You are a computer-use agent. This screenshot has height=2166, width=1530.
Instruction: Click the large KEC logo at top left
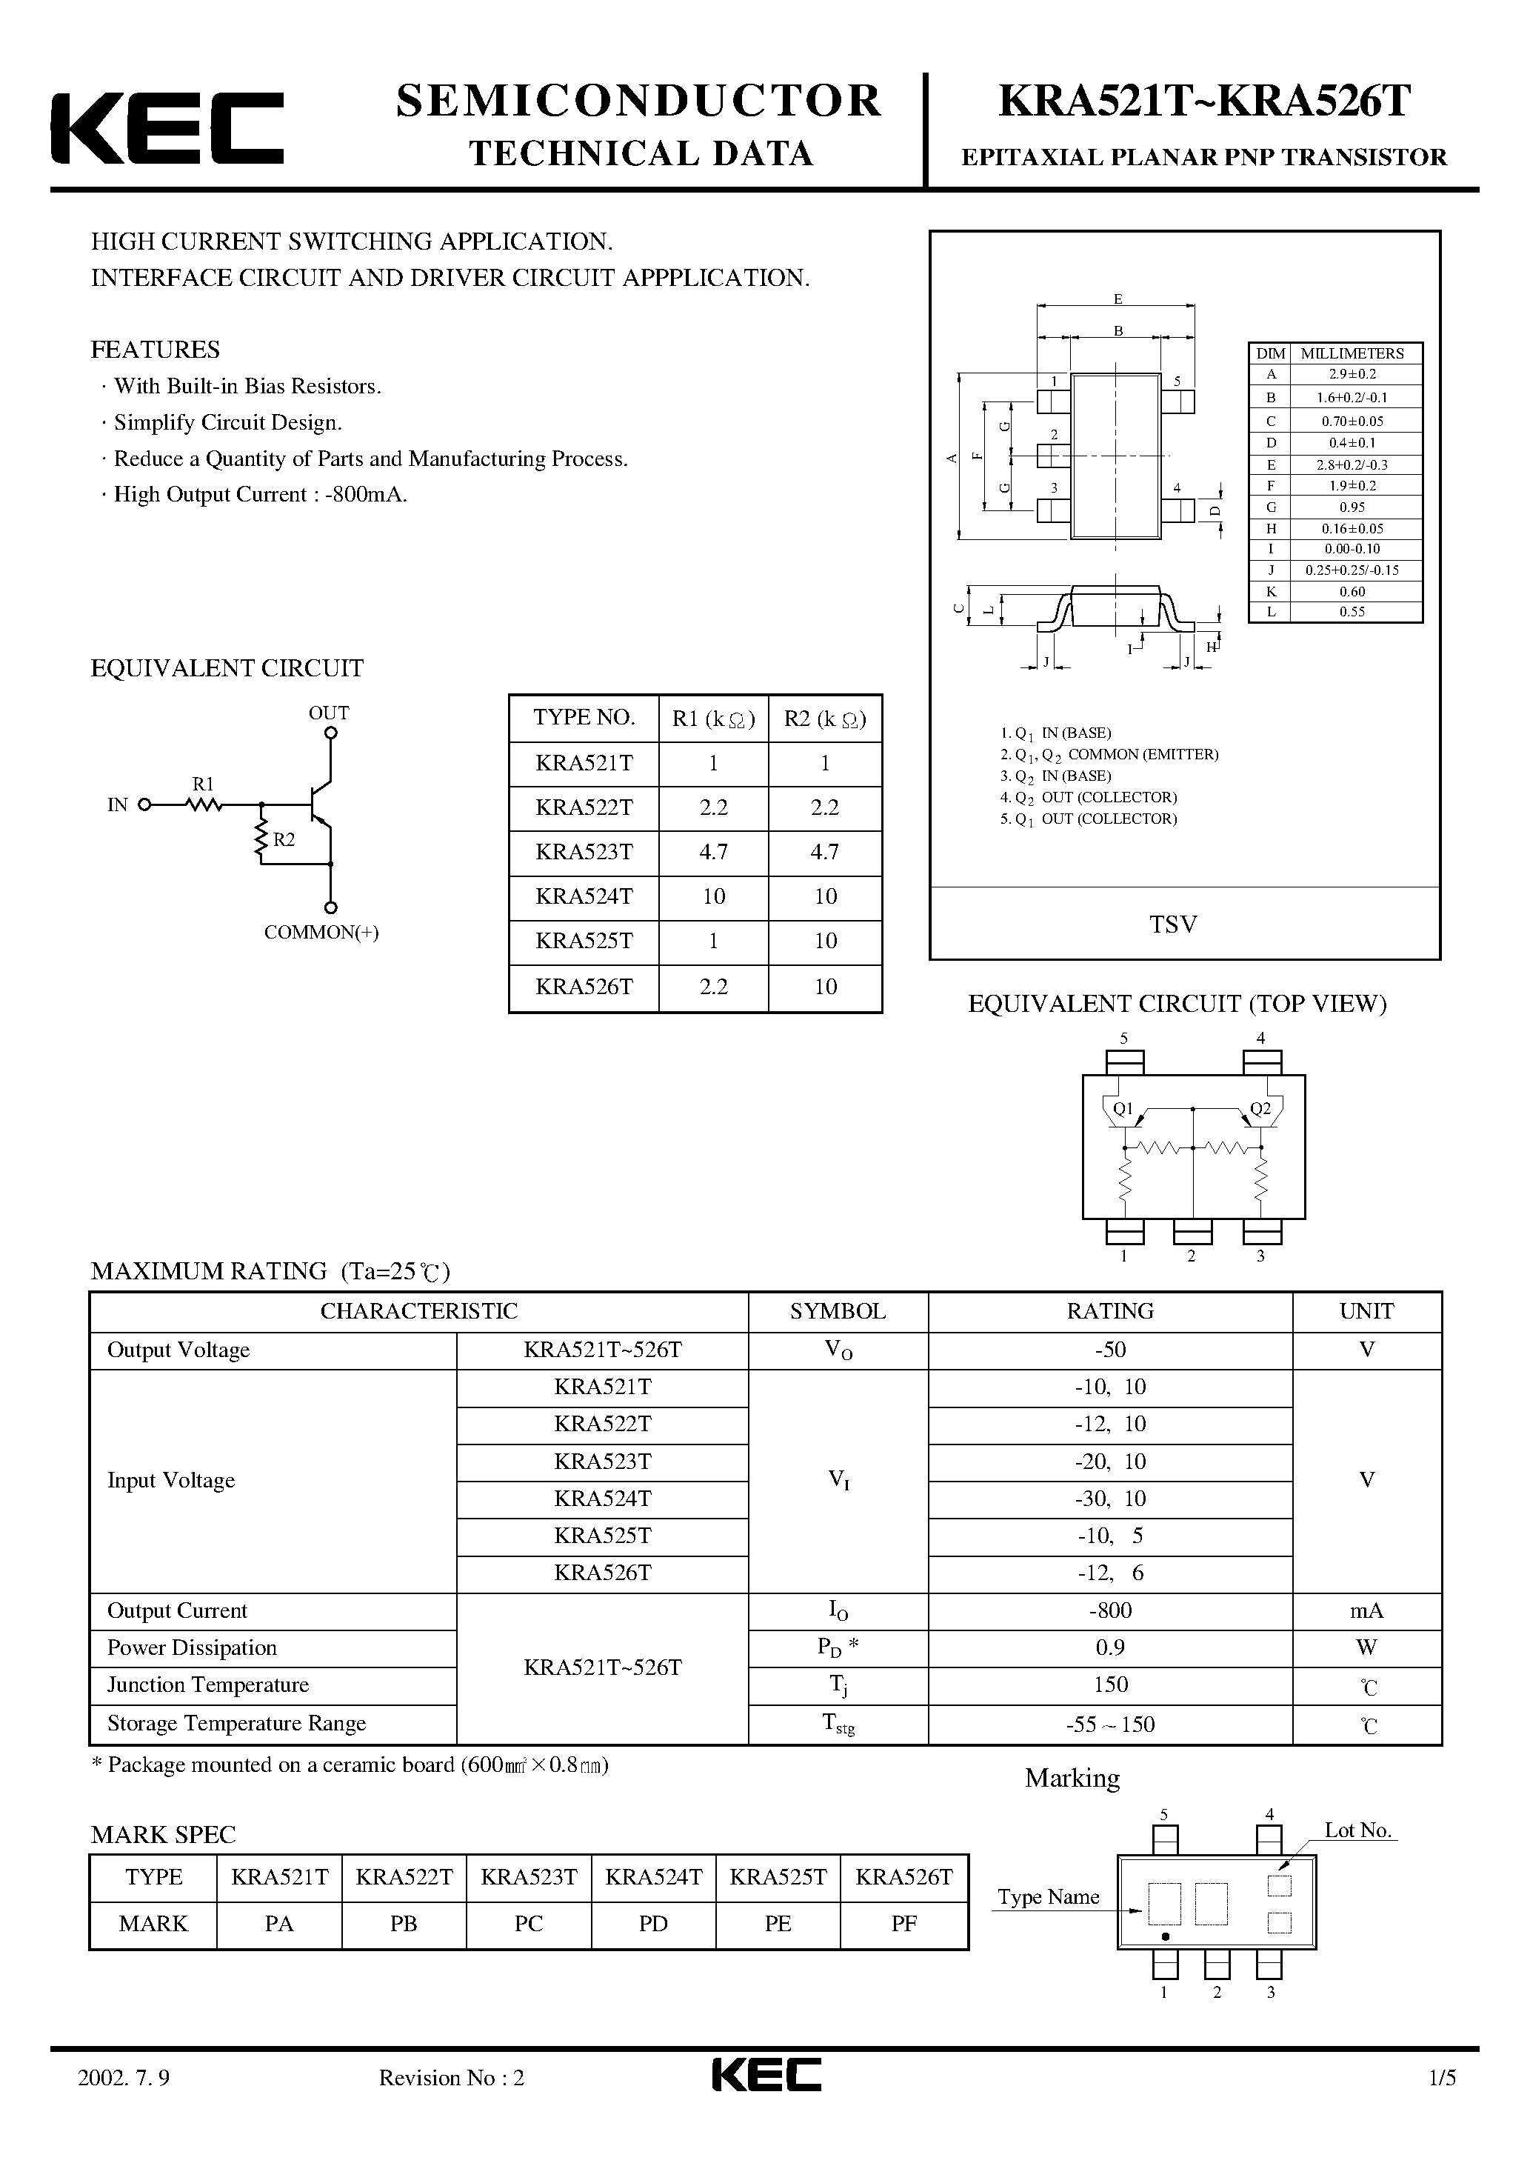pos(167,127)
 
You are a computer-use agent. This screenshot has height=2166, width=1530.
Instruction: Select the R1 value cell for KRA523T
pos(713,852)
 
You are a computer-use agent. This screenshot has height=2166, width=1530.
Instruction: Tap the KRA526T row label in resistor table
pos(584,987)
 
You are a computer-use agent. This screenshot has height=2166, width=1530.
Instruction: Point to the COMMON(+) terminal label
pos(321,932)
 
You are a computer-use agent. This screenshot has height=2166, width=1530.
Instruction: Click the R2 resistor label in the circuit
pos(284,839)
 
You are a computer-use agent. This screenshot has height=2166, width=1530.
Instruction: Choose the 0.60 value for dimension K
pos(1354,591)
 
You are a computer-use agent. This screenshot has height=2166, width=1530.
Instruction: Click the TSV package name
pos(1172,924)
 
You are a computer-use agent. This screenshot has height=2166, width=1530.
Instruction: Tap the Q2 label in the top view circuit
pos(1260,1108)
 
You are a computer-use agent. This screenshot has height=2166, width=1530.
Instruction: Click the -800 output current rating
pos(1109,1610)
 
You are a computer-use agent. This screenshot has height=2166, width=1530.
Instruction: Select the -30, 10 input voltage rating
pos(1109,1498)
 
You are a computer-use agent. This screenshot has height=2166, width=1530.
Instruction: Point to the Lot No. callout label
pos(1357,1830)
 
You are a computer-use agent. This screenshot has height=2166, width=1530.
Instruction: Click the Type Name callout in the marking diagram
pos(1048,1897)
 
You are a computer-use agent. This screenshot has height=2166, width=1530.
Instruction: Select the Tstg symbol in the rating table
pos(838,1724)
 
